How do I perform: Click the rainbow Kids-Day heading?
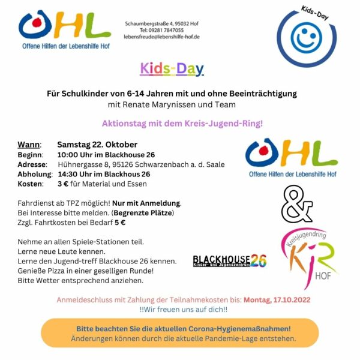click(172, 69)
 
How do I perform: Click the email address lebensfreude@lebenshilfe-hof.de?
click(161, 37)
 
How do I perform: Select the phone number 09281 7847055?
click(168, 29)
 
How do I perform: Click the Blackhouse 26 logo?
click(229, 260)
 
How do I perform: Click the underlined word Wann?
click(29, 145)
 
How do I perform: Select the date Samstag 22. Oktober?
click(97, 145)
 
